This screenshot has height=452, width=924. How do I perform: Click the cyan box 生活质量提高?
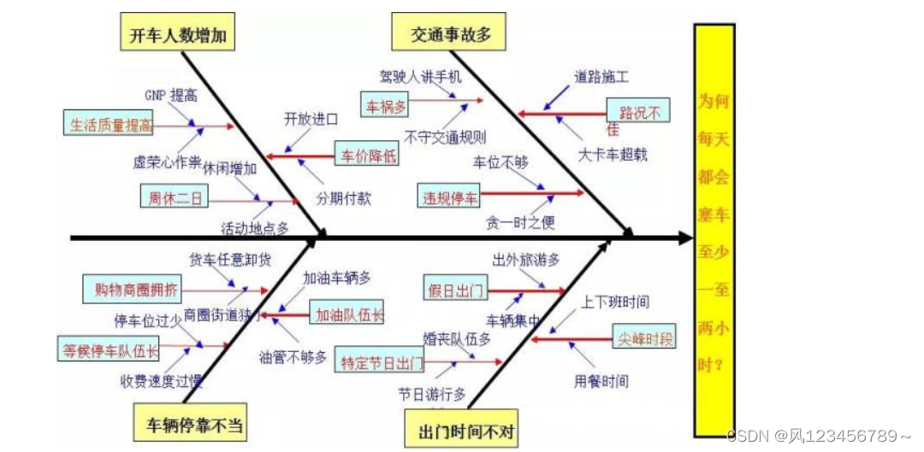click(x=110, y=125)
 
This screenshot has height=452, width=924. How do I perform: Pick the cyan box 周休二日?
click(x=175, y=197)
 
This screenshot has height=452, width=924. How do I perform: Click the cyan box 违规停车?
click(x=450, y=197)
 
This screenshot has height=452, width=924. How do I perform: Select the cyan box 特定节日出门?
click(x=381, y=362)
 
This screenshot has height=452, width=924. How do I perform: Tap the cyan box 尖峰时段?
click(x=643, y=338)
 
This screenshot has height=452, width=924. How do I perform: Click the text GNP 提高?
click(x=170, y=96)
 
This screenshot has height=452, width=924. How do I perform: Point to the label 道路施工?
click(x=601, y=77)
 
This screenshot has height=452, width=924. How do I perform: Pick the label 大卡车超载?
click(x=613, y=155)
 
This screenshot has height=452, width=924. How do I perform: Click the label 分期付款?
click(x=342, y=198)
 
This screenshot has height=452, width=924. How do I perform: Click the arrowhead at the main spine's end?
click(x=684, y=237)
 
